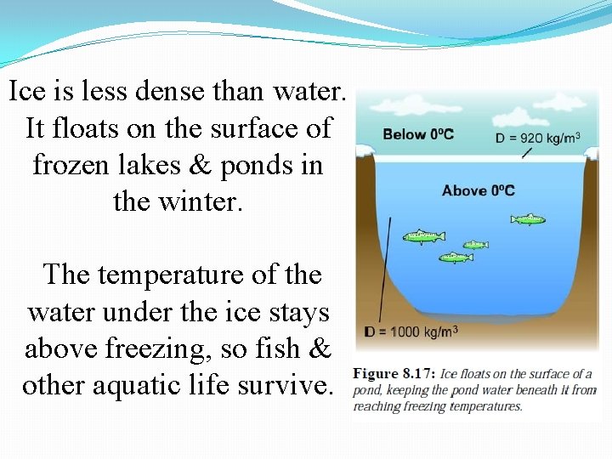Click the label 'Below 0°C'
[418, 134]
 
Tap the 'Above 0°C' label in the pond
[478, 190]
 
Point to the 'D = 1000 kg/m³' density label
[411, 331]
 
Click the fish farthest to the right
[528, 219]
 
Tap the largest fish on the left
[422, 236]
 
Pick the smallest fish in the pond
[475, 245]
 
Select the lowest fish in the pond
[456, 257]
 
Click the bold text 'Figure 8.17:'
[394, 374]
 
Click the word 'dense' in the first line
[178, 91]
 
